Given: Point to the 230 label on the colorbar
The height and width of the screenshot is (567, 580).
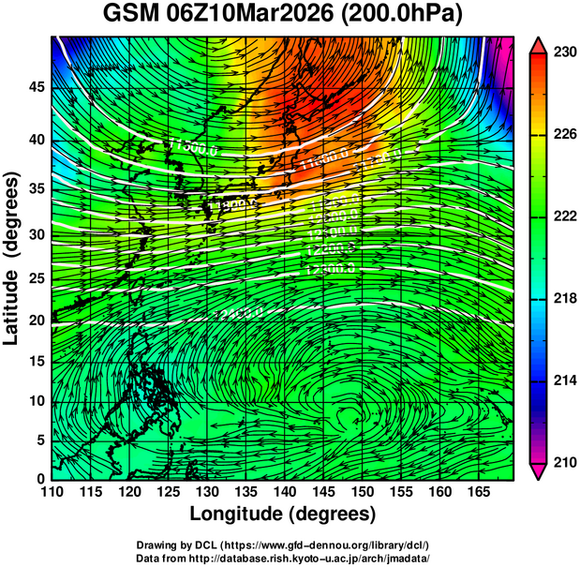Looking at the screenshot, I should click(x=562, y=53).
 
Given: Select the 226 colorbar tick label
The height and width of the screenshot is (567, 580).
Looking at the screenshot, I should click(x=562, y=135).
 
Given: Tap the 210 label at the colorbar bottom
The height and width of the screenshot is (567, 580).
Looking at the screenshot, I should click(x=562, y=462).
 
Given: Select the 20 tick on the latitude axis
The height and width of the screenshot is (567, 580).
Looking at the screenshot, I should click(x=35, y=321).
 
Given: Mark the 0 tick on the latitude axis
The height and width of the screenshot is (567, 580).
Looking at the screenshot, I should click(x=39, y=478).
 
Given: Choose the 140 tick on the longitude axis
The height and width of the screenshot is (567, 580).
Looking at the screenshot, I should click(x=284, y=491).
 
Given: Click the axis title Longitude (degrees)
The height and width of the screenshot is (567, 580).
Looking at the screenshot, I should click(x=283, y=515).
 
